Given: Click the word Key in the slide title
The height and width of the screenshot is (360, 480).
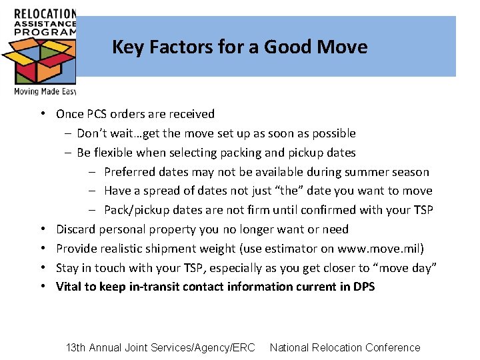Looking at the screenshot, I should tap(124, 47).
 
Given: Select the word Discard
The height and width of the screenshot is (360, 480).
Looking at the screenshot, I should tap(76, 229).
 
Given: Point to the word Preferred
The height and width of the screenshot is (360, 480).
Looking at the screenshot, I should tap(129, 172).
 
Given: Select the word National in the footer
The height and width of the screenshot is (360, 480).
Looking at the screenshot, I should tap(291, 347).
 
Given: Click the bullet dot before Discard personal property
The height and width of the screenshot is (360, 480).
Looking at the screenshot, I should tap(42, 229).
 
